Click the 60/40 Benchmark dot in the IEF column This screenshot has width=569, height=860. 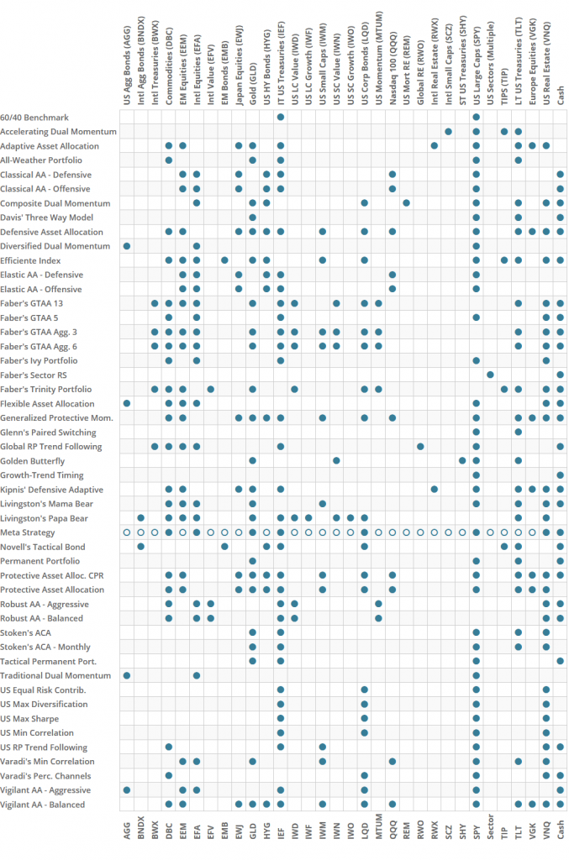[281, 117]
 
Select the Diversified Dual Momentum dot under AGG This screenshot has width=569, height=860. [127, 246]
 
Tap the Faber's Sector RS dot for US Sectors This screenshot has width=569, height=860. [490, 375]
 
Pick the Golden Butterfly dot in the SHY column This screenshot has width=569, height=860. [462, 460]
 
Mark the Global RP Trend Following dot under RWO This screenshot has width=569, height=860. [420, 446]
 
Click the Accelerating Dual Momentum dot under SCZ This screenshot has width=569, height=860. [448, 131]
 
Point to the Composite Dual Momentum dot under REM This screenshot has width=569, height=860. [407, 203]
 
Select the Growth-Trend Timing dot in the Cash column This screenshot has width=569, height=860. [560, 475]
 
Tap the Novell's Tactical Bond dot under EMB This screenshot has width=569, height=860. [225, 547]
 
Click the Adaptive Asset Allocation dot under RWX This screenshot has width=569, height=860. [435, 145]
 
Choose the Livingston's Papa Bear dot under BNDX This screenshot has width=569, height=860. [141, 518]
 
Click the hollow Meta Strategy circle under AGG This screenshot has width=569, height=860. [127, 532]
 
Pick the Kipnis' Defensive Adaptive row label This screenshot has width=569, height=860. [51, 490]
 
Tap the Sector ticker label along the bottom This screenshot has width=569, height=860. [490, 835]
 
